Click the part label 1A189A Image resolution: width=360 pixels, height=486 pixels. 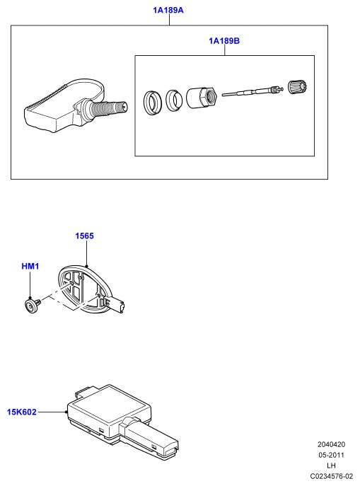168,10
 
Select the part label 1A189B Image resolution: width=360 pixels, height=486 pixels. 224,41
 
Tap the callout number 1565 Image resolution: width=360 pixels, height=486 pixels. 84,236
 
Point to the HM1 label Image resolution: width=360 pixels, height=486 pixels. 30,266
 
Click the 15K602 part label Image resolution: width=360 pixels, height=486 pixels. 22,412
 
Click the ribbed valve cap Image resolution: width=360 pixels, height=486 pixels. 297,87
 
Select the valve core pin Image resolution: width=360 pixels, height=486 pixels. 252,92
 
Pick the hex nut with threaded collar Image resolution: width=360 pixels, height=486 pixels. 202,98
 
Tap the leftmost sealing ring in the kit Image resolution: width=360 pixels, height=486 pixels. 153,103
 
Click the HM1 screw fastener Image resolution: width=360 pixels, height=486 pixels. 32,306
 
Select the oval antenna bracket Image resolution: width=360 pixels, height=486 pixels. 84,288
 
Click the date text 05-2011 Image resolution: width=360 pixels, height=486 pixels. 331,455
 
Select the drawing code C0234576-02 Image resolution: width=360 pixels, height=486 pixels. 331,476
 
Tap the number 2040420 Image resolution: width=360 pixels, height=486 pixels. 331,444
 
